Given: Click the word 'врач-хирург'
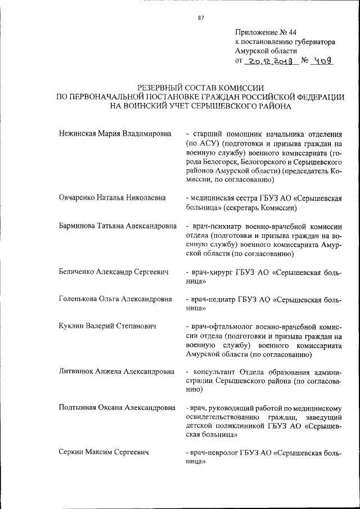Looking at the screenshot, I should [x=211, y=272].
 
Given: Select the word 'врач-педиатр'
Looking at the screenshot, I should [x=213, y=300].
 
